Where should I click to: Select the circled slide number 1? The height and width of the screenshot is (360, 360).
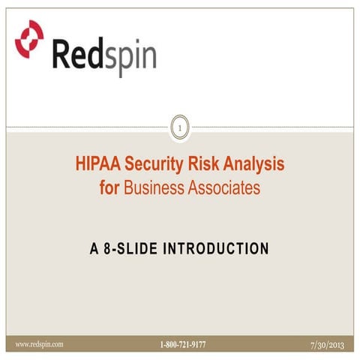tap(179, 129)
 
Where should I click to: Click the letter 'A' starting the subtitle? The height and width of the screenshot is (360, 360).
tap(94, 247)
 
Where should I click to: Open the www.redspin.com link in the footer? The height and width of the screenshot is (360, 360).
tap(40, 344)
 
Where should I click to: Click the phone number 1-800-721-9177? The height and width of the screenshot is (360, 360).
tap(182, 345)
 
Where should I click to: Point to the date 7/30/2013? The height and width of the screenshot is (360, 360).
tap(328, 344)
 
